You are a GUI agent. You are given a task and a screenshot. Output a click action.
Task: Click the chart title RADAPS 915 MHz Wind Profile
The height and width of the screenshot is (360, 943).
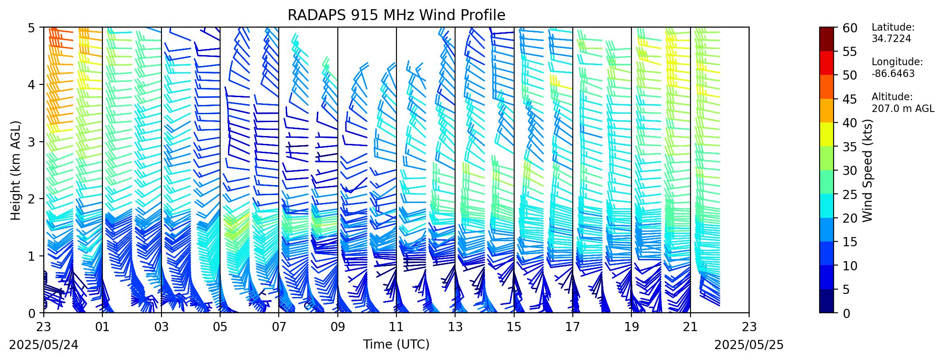pos(396,15)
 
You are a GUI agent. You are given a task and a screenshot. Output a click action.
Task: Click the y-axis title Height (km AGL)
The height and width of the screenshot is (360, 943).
pos(16,170)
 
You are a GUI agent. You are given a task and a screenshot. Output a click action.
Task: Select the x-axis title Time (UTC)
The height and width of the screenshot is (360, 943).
pos(396,345)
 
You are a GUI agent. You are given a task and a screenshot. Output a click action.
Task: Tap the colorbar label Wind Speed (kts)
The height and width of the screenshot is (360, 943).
pos(867,170)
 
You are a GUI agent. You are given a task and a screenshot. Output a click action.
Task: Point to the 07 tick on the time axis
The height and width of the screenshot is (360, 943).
pos(279,326)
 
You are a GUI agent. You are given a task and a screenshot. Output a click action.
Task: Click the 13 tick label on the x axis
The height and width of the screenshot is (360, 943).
pos(455,326)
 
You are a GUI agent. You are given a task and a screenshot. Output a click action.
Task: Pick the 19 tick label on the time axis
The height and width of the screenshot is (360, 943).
pos(631,326)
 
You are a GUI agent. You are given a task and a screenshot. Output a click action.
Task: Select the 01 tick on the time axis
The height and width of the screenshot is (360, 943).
pos(102,326)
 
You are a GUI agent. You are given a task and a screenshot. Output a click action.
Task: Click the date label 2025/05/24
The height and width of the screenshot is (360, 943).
pos(44,345)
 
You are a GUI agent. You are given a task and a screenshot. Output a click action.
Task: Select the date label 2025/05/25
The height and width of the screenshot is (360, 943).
pos(749,345)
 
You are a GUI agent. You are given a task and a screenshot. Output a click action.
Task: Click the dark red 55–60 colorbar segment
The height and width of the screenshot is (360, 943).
pos(827,39)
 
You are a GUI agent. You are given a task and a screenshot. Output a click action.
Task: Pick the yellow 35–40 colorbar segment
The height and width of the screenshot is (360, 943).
pos(827,134)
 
